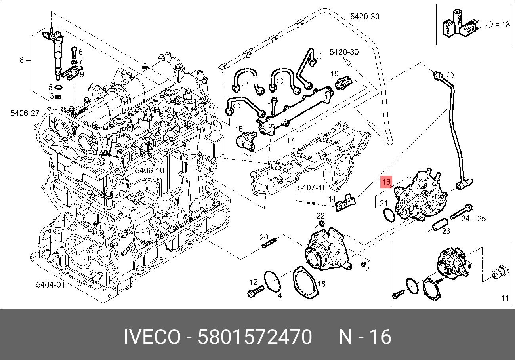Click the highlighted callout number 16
point(386,181)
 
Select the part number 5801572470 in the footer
point(255,337)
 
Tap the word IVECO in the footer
point(152,337)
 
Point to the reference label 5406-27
point(25,113)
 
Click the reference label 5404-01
point(50,284)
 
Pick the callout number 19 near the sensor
point(334,73)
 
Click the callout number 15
point(238,129)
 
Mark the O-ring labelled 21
point(389,215)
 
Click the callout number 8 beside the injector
point(22,60)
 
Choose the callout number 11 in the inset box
point(504,298)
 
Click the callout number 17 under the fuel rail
point(290,140)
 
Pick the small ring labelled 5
point(58,87)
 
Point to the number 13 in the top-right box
point(505,24)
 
